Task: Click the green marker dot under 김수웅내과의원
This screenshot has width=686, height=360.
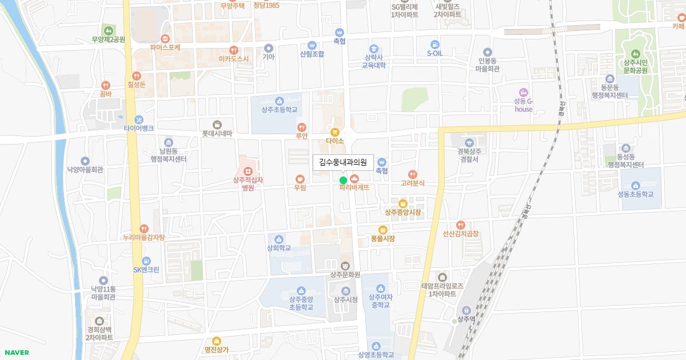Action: pos(343,181)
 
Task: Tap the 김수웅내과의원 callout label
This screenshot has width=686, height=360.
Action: pos(343,162)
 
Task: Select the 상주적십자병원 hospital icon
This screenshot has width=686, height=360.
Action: pos(248,171)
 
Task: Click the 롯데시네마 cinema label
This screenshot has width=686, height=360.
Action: pos(217,134)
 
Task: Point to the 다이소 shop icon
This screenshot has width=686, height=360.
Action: pos(335,132)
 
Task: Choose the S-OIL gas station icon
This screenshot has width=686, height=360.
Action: pos(435,44)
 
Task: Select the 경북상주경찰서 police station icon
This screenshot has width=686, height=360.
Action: pos(468,142)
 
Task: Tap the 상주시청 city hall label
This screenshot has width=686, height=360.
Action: pos(346,299)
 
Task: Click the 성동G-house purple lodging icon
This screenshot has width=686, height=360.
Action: pos(523,93)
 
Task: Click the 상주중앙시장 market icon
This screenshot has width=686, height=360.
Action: pos(403,203)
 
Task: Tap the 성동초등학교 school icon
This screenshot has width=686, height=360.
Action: pos(635,185)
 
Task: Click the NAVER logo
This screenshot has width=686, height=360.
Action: pos(15,353)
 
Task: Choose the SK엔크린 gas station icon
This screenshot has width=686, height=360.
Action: pos(146,261)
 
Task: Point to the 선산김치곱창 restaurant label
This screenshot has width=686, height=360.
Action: pos(460,234)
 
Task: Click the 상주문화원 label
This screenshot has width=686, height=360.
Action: pos(345,274)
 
